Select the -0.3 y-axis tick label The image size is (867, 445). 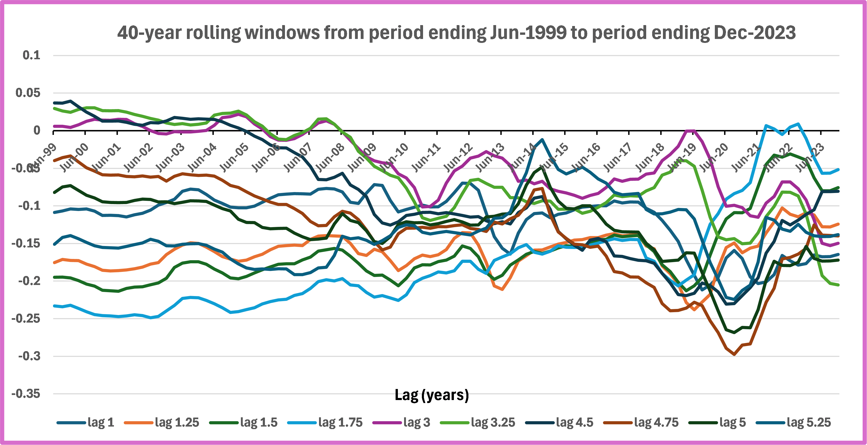click(29, 356)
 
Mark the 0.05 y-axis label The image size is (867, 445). click(28, 93)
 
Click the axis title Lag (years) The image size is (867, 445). click(432, 395)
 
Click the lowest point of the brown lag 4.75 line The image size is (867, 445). click(734, 354)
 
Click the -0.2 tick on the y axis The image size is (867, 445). click(29, 281)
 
